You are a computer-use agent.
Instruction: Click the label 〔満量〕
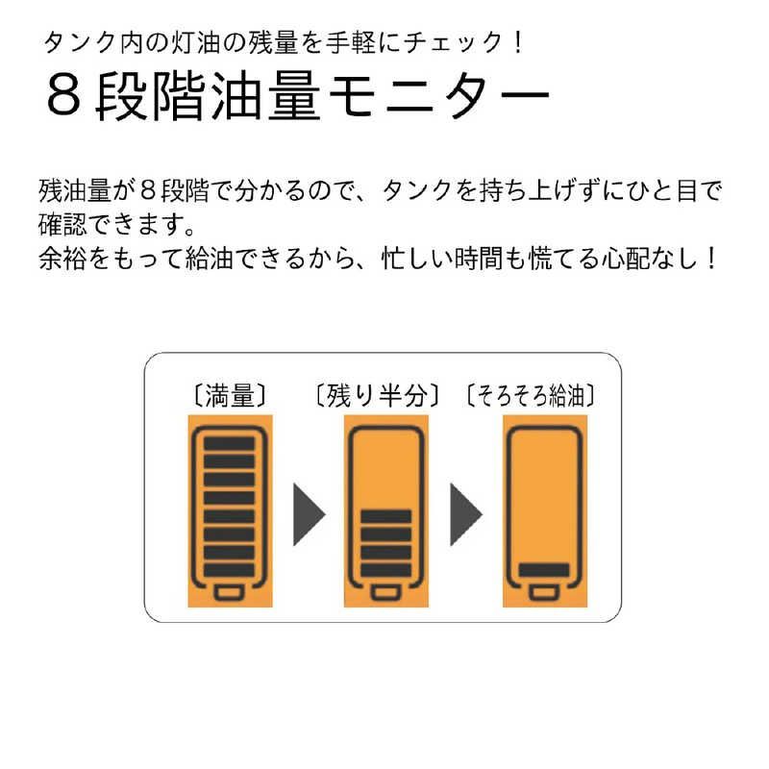pyautogui.click(x=229, y=394)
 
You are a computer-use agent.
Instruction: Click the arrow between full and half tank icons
pyautogui.click(x=307, y=511)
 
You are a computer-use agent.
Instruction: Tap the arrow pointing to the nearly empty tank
pyautogui.click(x=464, y=511)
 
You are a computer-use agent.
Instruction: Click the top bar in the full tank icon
pyautogui.click(x=229, y=444)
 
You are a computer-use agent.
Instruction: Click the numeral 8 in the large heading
pyautogui.click(x=62, y=97)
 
